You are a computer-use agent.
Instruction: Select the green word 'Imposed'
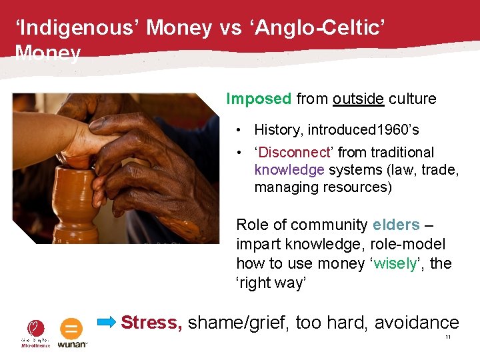tap(259, 99)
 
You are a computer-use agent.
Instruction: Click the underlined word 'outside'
tap(358, 99)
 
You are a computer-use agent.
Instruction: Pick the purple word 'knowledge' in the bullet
tap(289, 170)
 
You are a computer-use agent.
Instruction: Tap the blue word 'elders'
tap(396, 225)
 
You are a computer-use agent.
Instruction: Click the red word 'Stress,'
tap(151, 323)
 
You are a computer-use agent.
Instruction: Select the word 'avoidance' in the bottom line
tap(417, 323)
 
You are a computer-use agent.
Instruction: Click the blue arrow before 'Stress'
tap(107, 323)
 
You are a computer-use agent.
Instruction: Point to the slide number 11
tap(448, 338)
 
